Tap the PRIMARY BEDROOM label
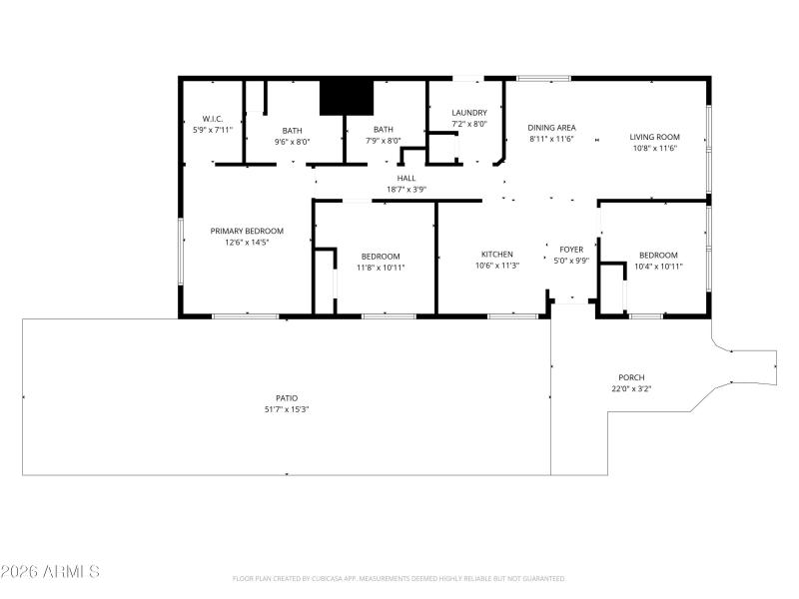click(246, 231)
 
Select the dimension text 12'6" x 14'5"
click(246, 242)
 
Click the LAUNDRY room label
click(468, 113)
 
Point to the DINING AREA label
click(551, 127)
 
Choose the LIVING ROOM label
click(654, 137)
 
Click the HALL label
click(406, 178)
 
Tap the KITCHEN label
click(496, 255)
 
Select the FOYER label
click(571, 250)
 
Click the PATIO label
click(287, 397)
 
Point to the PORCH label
click(631, 377)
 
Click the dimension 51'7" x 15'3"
click(287, 408)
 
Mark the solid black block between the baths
click(346, 97)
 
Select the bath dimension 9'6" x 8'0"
click(292, 142)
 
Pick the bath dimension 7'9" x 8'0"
click(384, 141)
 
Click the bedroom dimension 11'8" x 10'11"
click(381, 267)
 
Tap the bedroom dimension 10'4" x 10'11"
click(658, 266)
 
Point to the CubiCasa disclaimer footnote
click(399, 579)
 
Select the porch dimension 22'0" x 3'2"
click(631, 388)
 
